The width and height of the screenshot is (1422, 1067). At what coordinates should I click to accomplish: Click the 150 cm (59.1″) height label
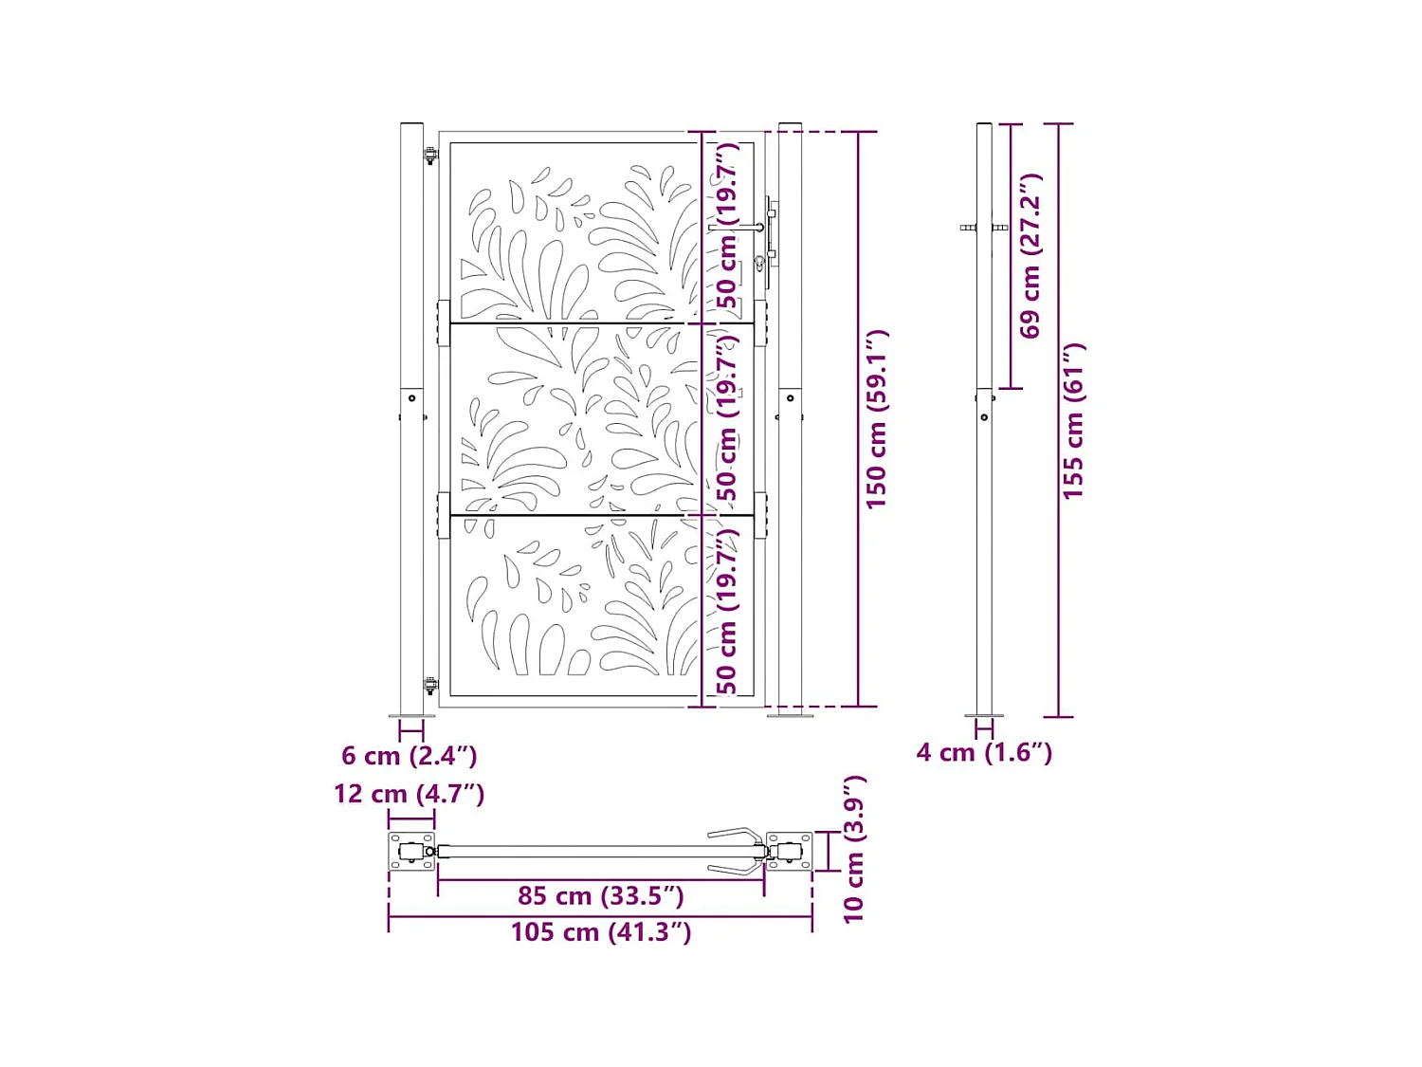(x=877, y=419)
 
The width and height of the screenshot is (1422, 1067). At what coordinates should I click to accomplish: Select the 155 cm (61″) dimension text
(x=1072, y=421)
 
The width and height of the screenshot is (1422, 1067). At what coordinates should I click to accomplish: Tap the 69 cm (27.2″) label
(x=1030, y=255)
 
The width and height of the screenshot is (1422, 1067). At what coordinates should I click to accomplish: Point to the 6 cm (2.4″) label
(x=409, y=756)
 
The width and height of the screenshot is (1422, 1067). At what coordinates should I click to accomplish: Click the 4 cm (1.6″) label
(x=984, y=752)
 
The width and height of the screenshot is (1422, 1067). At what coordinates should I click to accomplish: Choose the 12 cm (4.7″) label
(x=409, y=794)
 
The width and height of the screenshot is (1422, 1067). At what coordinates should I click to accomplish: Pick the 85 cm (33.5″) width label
(x=600, y=895)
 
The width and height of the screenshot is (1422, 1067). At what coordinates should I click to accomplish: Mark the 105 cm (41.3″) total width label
(x=600, y=932)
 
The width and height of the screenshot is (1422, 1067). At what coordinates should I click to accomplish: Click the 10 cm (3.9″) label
(x=853, y=849)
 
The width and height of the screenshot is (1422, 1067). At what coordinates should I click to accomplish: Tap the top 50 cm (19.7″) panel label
(x=727, y=226)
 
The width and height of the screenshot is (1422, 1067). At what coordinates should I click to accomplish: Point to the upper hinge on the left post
(x=429, y=156)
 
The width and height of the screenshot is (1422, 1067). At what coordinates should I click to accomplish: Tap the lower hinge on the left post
(x=429, y=685)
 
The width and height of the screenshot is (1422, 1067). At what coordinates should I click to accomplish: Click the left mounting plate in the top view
(x=411, y=852)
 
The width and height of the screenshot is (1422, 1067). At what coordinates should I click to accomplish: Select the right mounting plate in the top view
(x=789, y=852)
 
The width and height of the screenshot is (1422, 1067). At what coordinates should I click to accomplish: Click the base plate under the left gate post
(x=411, y=716)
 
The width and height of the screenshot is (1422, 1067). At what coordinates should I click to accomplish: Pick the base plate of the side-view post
(x=984, y=716)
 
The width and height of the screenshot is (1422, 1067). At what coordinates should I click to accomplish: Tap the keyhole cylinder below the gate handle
(x=760, y=263)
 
